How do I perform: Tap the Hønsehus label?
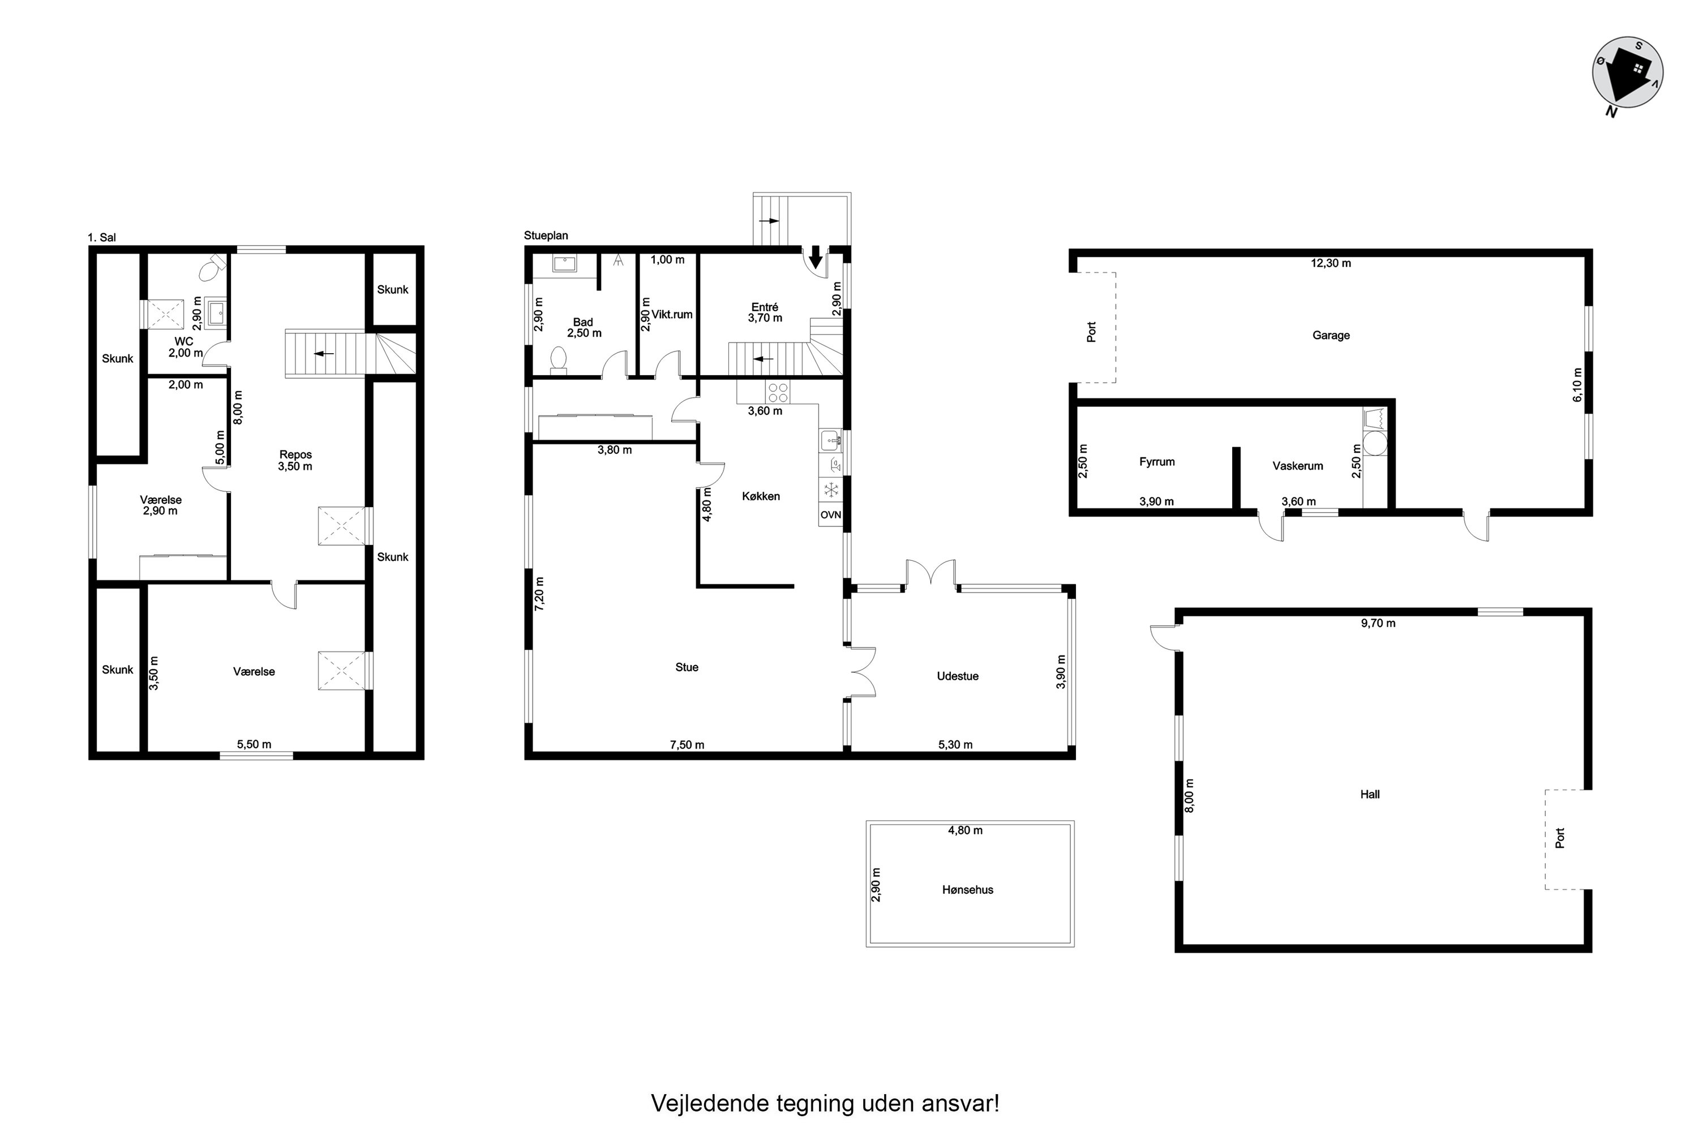(967, 890)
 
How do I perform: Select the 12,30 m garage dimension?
(1331, 264)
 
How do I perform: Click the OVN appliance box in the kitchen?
(830, 514)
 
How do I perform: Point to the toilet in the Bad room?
(558, 359)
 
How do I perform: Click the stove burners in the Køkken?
(778, 392)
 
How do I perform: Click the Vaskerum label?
(1297, 466)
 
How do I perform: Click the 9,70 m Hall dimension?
(1378, 624)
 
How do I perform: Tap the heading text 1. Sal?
(102, 238)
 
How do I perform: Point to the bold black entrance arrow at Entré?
(815, 258)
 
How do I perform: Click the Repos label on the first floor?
(295, 455)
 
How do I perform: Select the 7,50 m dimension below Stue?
(687, 745)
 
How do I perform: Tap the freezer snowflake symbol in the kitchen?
(831, 490)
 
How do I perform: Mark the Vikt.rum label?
(672, 315)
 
